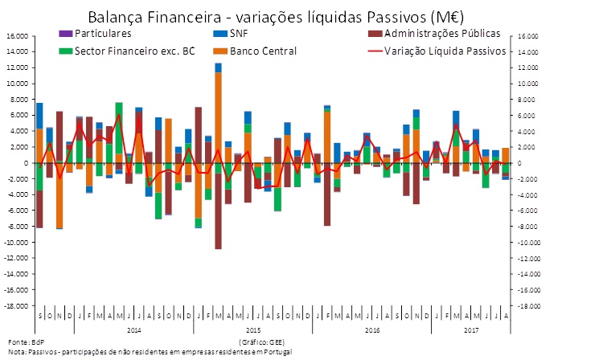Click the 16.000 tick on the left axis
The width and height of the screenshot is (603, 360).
(x=18, y=36)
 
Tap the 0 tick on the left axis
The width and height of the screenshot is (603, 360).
(x=27, y=163)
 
